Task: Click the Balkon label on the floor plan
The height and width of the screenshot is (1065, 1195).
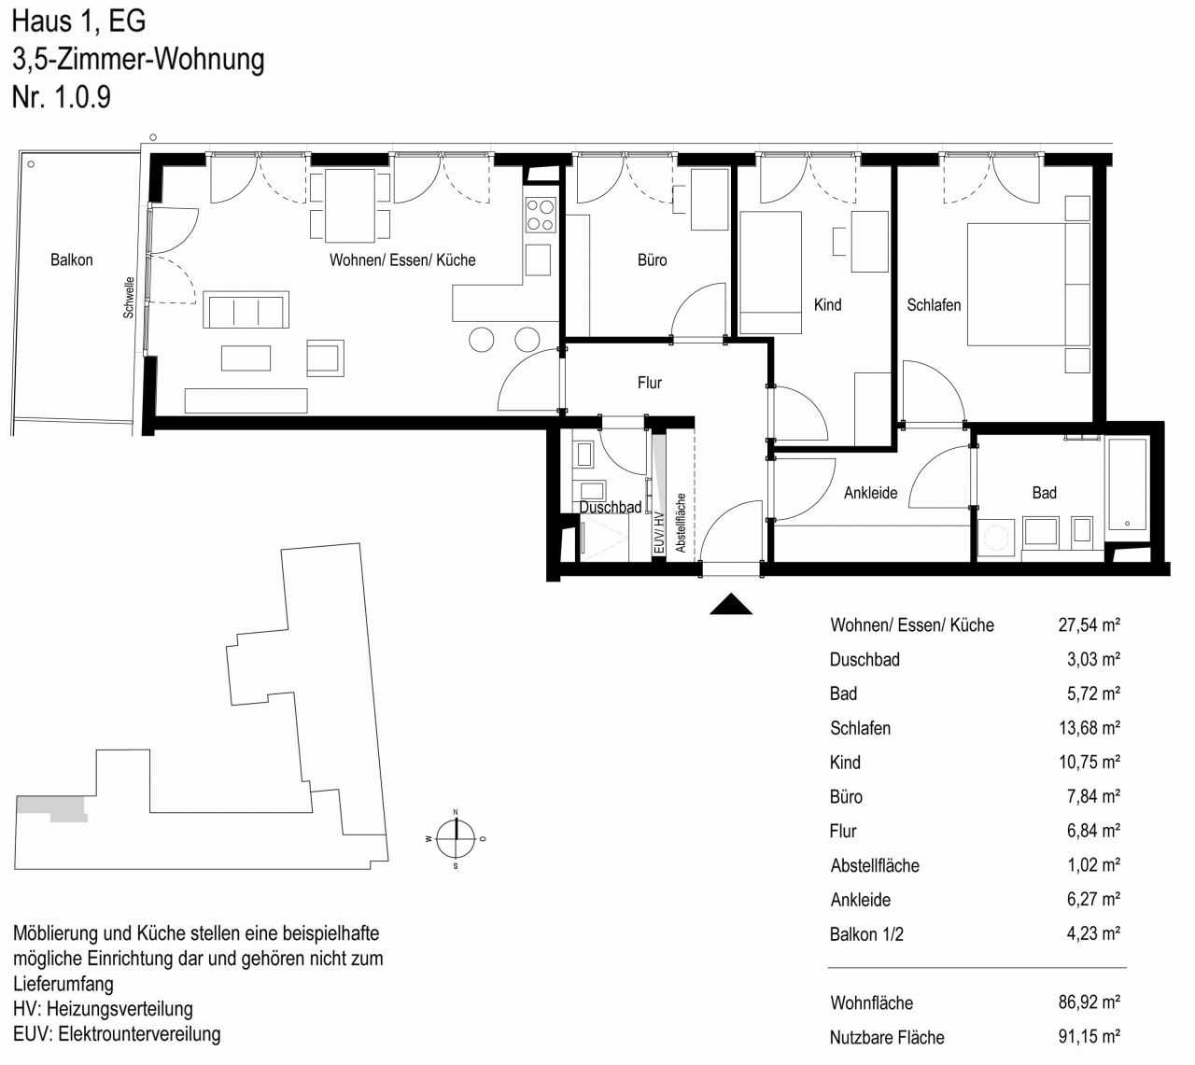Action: (x=71, y=260)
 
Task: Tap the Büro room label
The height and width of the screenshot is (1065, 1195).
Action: (x=652, y=260)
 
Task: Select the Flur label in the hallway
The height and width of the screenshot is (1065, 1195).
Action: (x=650, y=383)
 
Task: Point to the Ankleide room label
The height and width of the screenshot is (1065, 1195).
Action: (x=871, y=493)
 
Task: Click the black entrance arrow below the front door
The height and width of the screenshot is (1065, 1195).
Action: (x=731, y=605)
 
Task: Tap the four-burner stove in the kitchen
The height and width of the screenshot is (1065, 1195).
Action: (x=541, y=215)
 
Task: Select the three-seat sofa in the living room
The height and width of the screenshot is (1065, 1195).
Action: (x=246, y=310)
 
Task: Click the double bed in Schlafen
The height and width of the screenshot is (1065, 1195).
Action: (x=1028, y=285)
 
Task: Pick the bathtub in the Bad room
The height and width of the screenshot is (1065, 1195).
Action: (x=1127, y=484)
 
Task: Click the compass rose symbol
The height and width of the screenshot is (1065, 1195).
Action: (x=456, y=838)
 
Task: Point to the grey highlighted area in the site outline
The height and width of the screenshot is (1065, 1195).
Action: (x=51, y=808)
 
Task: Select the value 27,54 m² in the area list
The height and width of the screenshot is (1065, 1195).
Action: (x=1089, y=624)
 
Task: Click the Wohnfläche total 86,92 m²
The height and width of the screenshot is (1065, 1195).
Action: (x=1089, y=1002)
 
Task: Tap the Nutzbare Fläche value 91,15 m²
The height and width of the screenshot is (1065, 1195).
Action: (x=1089, y=1036)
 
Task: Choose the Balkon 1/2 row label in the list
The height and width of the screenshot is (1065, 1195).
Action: (x=865, y=934)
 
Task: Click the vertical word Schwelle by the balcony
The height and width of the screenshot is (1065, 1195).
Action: (x=129, y=298)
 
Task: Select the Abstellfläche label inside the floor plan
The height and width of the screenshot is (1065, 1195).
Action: (x=681, y=523)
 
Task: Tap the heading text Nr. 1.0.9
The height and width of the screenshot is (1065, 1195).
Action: (x=62, y=97)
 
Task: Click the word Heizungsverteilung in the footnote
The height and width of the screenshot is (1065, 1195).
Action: (x=119, y=1009)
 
